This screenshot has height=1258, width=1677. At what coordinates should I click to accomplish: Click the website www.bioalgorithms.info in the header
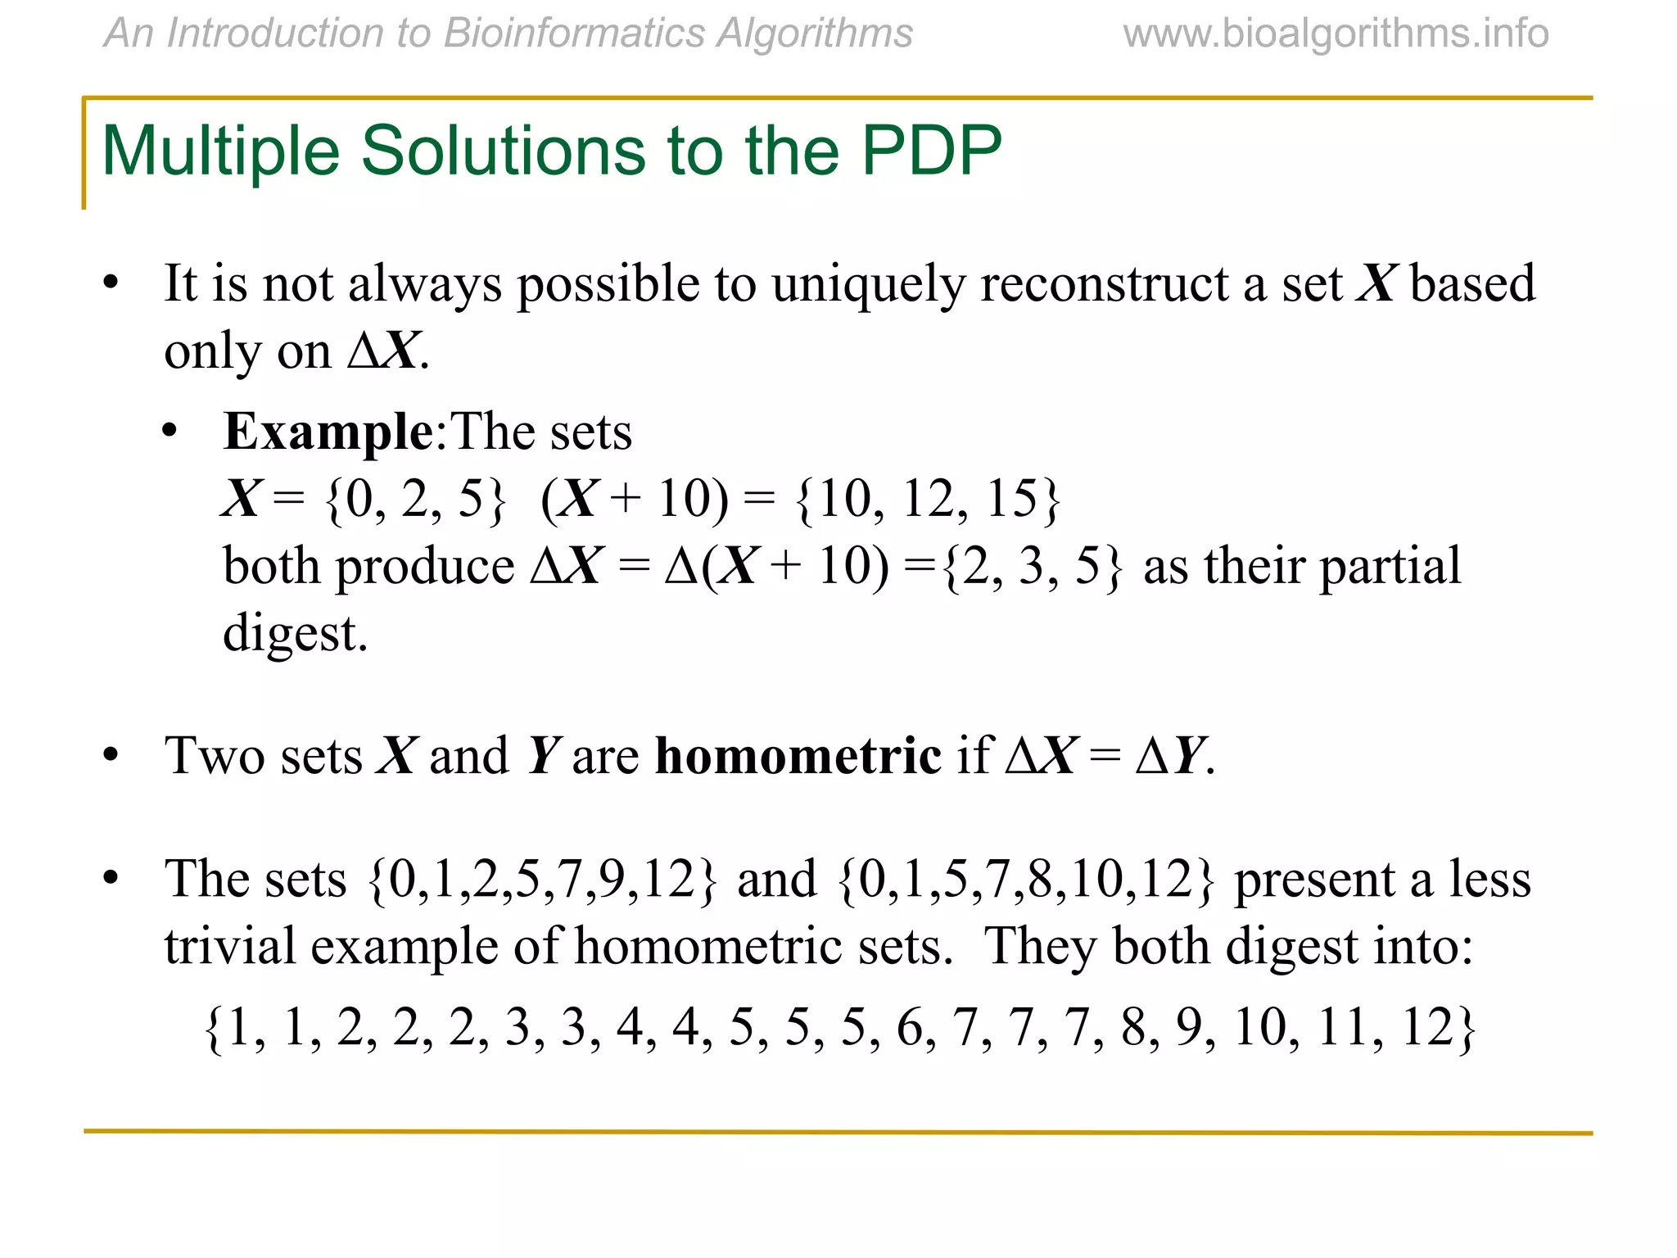tap(1336, 34)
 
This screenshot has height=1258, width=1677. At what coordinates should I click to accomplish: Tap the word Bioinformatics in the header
tap(573, 34)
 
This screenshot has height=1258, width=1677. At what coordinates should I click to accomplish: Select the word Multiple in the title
tap(221, 152)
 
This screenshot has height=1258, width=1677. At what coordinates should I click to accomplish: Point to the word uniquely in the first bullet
tap(868, 285)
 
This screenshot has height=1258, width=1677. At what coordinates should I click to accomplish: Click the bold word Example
tap(328, 432)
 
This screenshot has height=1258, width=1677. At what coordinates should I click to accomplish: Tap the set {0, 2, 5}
tap(416, 499)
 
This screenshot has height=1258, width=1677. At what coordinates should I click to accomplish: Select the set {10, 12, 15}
tap(929, 499)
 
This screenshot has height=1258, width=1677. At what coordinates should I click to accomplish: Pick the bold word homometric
tap(798, 755)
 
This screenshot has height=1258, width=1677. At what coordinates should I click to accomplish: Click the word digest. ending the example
tap(296, 633)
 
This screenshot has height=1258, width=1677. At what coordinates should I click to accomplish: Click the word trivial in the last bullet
tap(230, 947)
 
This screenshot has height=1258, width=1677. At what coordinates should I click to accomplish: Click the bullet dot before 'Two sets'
tap(111, 755)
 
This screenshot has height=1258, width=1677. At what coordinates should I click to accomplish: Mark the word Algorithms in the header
tap(814, 34)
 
